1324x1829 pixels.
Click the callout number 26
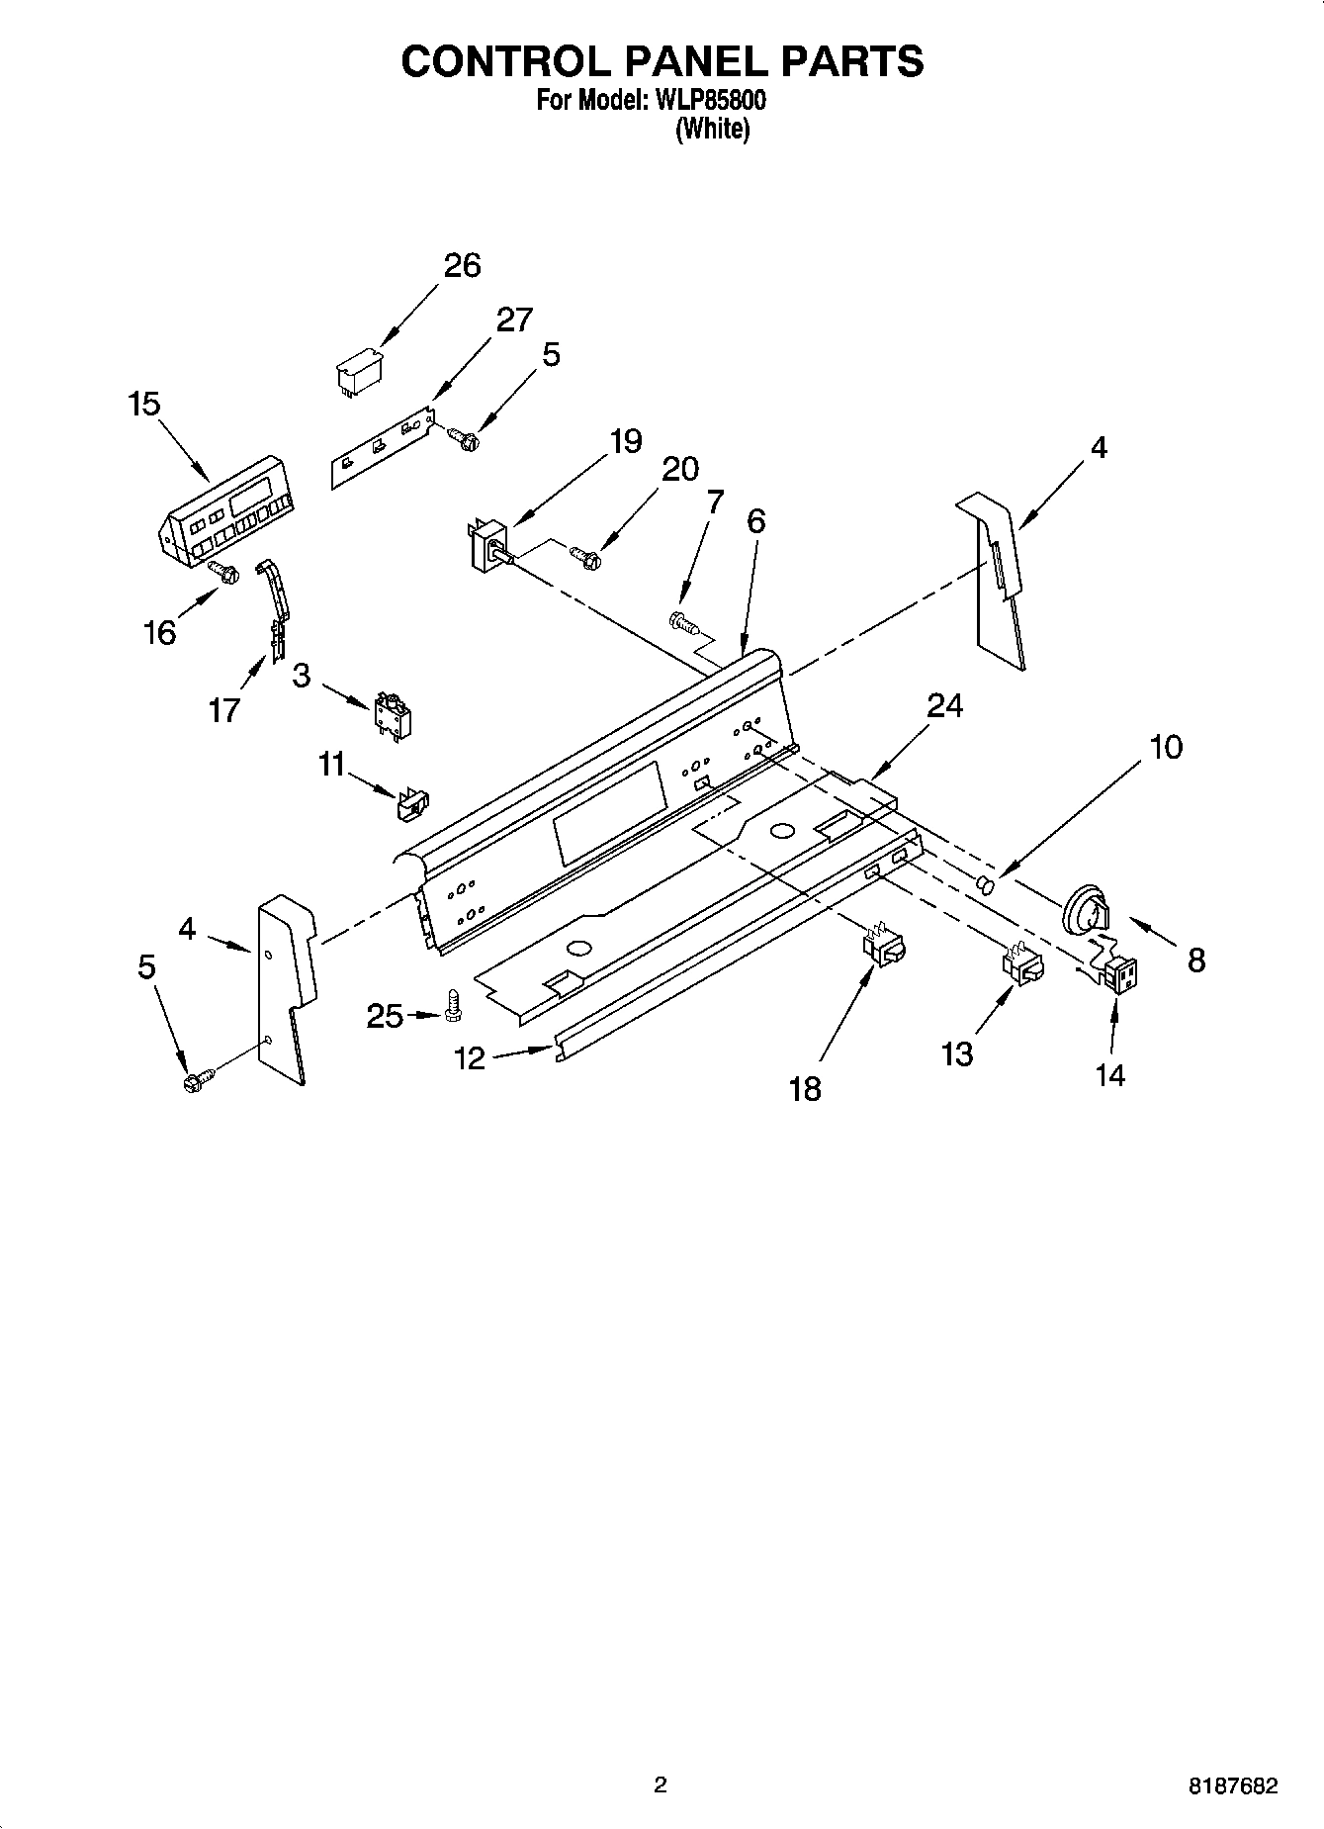(x=462, y=266)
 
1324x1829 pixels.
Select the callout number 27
(x=514, y=320)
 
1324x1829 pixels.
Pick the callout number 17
(x=224, y=709)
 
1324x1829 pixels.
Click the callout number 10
(x=1167, y=747)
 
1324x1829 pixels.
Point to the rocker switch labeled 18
(x=884, y=947)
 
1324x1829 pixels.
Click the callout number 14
(x=1110, y=1074)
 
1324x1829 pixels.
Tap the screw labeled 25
(x=455, y=1005)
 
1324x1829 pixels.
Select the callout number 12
(x=470, y=1059)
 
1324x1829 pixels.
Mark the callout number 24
(x=944, y=705)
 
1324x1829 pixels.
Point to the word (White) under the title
(x=712, y=129)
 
